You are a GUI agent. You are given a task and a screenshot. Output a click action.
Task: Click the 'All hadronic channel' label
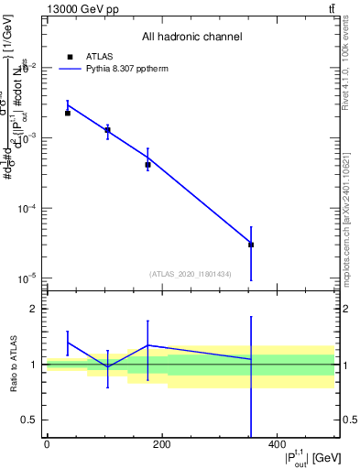pyautogui.click(x=191, y=37)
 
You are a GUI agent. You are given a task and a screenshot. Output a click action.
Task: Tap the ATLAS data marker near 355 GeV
pyautogui.click(x=251, y=245)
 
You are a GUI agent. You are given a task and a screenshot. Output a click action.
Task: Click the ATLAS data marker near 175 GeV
pyautogui.click(x=147, y=165)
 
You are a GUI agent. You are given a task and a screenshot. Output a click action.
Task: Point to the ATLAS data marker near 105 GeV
pyautogui.click(x=107, y=130)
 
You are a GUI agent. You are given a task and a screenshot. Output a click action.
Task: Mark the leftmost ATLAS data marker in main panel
pyautogui.click(x=68, y=113)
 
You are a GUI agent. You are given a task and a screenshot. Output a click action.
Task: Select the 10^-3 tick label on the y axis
pyautogui.click(x=29, y=137)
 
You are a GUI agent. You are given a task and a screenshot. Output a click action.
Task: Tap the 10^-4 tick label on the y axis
pyautogui.click(x=29, y=208)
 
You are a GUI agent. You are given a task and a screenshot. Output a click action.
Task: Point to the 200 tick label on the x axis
pyautogui.click(x=161, y=445)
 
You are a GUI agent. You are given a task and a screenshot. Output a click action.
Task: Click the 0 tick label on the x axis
pyautogui.click(x=47, y=445)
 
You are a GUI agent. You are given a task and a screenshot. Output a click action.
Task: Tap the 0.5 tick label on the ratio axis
pyautogui.click(x=32, y=420)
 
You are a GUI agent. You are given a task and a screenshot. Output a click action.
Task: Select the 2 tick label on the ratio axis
pyautogui.click(x=37, y=309)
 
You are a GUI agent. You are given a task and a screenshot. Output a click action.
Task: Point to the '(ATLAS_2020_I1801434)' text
pyautogui.click(x=191, y=274)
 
